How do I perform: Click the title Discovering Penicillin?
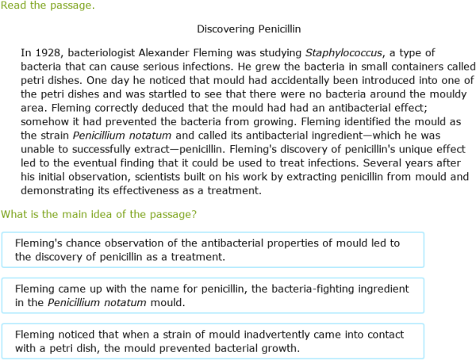coord(248,29)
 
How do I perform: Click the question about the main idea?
coord(99,214)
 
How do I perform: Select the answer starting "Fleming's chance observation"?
coord(213,249)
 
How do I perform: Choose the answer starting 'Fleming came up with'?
coord(213,295)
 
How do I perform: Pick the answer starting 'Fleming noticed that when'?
coord(213,341)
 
